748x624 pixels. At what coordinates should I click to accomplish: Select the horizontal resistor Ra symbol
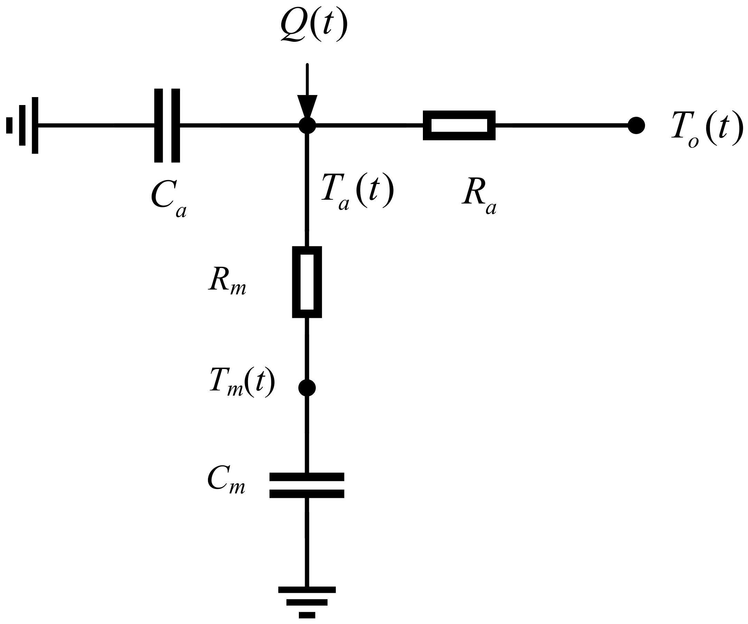[x=459, y=125]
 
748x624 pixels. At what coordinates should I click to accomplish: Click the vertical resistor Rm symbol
[x=307, y=282]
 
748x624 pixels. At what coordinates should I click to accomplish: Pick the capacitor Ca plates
[x=167, y=125]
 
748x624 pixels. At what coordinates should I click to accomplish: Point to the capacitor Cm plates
[x=307, y=485]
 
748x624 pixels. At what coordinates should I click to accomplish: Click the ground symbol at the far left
[x=22, y=125]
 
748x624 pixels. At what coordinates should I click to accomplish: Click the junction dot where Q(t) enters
[x=307, y=125]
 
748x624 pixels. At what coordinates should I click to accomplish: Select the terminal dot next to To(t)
[x=636, y=125]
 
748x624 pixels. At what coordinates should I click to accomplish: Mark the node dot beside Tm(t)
[x=307, y=388]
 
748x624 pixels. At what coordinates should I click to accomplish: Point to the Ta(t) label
[x=358, y=192]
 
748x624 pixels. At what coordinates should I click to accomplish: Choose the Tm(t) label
[x=242, y=382]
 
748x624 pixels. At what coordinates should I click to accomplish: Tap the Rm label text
[x=227, y=281]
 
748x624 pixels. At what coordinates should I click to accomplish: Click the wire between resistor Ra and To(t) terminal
[x=561, y=125]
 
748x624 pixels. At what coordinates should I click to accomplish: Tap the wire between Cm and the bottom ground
[x=307, y=542]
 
